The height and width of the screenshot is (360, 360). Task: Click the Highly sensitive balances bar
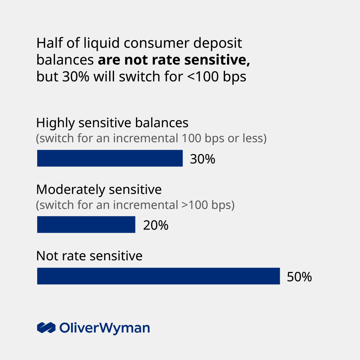tap(110, 158)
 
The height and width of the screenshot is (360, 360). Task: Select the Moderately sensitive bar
tap(86, 225)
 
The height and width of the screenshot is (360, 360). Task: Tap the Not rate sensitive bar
tap(158, 276)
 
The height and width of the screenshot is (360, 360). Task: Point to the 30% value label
tap(202, 159)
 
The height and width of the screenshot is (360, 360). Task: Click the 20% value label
tap(156, 225)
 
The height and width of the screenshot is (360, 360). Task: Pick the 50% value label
tap(299, 277)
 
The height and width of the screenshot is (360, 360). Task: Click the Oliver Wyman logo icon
tap(46, 328)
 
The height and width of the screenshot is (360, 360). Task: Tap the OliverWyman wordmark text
tap(104, 328)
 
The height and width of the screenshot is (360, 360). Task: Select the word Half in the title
tap(49, 43)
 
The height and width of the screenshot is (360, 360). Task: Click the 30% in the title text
tap(76, 77)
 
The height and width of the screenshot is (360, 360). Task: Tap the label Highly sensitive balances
tap(112, 123)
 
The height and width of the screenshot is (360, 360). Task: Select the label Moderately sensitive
tap(99, 190)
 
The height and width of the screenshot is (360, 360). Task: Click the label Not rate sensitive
tap(89, 256)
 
